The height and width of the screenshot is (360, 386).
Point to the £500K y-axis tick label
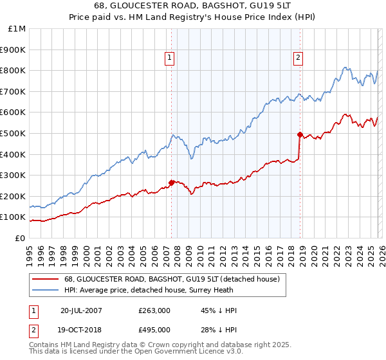coord(13,134)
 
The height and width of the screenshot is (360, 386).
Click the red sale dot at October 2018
coord(300,134)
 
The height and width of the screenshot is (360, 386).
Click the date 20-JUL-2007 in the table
coord(82,310)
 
